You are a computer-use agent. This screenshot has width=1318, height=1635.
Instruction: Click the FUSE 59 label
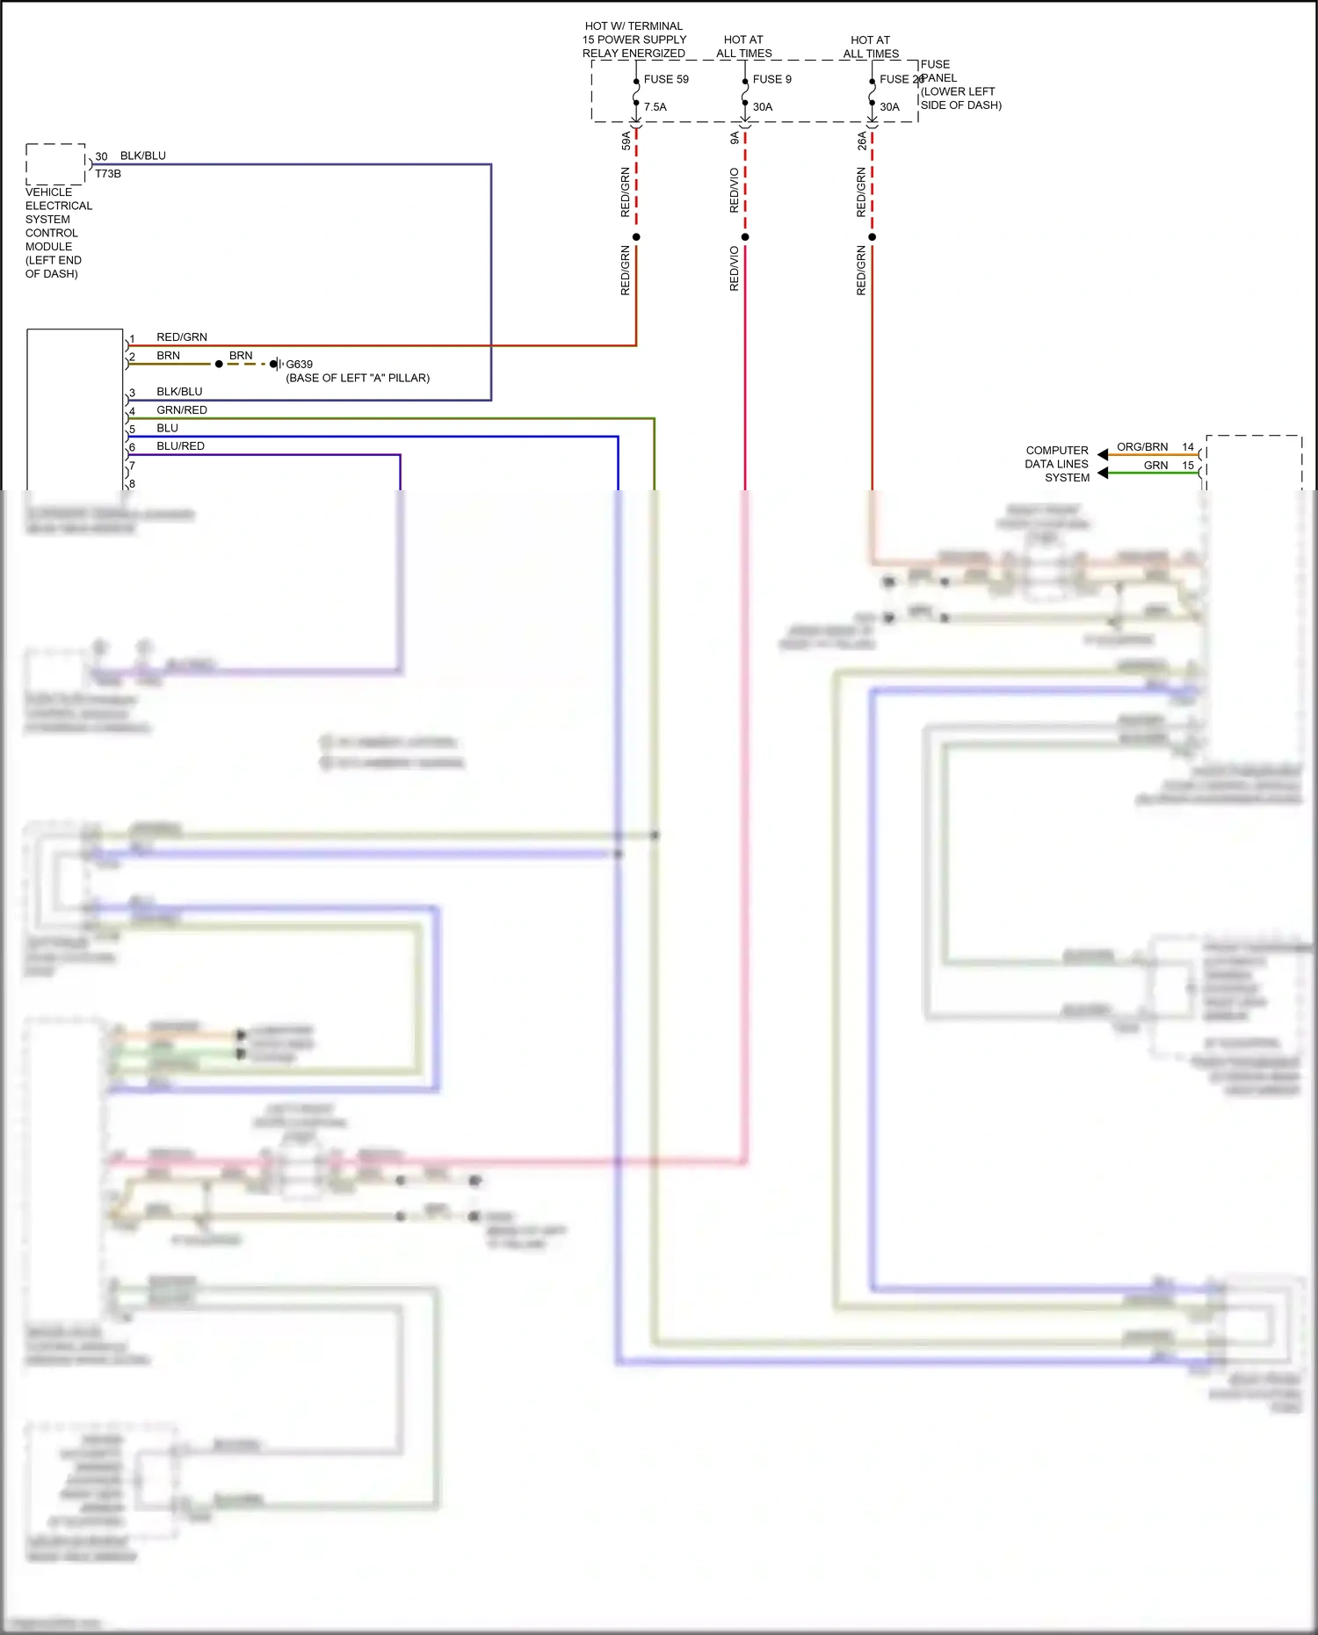tap(665, 79)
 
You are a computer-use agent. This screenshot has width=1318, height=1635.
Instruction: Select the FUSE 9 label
tap(771, 79)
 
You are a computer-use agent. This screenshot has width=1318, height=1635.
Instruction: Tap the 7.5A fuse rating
tap(655, 107)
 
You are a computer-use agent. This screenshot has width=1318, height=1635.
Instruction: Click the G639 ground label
tap(299, 364)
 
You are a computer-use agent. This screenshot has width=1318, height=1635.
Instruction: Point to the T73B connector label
tap(107, 174)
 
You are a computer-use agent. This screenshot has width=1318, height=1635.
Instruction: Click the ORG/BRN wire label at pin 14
tap(1141, 447)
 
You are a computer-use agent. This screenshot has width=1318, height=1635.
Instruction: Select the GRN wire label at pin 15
tap(1155, 466)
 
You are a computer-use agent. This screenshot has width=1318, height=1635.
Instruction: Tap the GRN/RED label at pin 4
tap(182, 410)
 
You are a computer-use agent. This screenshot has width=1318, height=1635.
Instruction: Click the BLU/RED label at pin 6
tap(180, 446)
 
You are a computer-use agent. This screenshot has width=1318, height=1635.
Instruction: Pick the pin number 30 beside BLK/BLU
tap(101, 156)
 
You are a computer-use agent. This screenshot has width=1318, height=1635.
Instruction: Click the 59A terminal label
tap(626, 141)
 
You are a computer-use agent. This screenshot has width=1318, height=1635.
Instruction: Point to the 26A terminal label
tap(862, 141)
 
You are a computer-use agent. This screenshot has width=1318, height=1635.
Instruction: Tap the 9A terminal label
tap(735, 138)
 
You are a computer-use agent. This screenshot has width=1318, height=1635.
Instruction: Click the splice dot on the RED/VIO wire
tap(745, 237)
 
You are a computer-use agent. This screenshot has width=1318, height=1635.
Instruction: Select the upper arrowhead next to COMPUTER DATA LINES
tap(1103, 454)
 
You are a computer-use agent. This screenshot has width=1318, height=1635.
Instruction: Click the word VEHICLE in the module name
tap(49, 192)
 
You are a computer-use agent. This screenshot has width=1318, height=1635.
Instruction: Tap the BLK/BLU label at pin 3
tap(179, 392)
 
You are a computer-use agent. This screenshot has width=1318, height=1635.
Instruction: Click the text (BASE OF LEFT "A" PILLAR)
tap(358, 378)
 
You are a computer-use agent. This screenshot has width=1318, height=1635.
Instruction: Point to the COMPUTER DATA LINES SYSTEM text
tap(1057, 464)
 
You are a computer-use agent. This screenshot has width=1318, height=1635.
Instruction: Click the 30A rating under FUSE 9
tap(762, 107)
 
